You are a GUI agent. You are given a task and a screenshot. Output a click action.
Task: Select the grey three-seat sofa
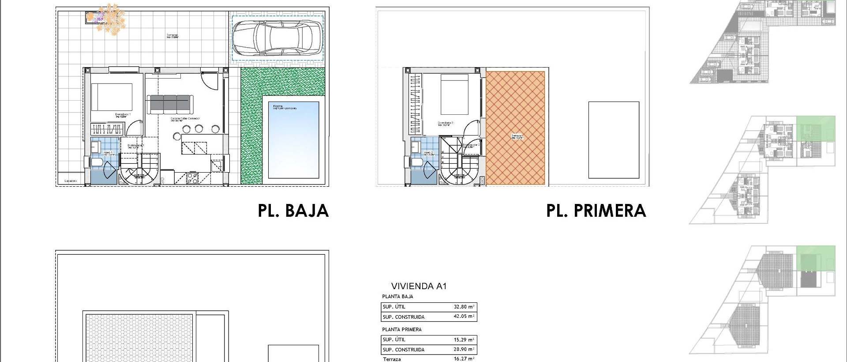point(170,104)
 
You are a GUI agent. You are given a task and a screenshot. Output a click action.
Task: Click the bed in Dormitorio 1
point(112,97)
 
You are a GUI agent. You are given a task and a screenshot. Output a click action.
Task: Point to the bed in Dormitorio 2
point(455,94)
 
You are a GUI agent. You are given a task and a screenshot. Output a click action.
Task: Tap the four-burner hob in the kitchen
point(193,178)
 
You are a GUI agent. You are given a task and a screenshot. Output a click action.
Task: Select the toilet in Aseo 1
point(97,164)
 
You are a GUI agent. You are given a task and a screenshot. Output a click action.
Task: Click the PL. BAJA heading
point(293,211)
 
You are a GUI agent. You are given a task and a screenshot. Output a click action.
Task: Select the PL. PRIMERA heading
point(596,211)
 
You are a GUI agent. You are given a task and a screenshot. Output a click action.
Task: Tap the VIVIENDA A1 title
point(419,286)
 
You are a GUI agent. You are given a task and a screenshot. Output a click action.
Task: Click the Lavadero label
point(71,181)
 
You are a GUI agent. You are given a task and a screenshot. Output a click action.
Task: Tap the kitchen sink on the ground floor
point(216,166)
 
